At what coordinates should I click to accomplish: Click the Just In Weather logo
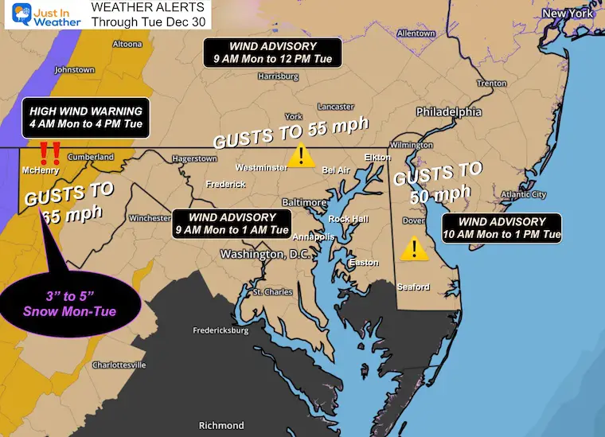click(x=41, y=16)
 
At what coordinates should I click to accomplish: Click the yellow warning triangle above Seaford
click(x=412, y=248)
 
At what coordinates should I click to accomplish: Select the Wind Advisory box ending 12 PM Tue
click(x=272, y=52)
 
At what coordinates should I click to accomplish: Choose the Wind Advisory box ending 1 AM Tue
click(x=232, y=224)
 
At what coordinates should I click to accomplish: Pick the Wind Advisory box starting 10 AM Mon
click(x=514, y=228)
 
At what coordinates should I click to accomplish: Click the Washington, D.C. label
click(x=263, y=255)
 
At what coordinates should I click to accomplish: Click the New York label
click(x=568, y=14)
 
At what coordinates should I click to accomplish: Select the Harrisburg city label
click(x=278, y=76)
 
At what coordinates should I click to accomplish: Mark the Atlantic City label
click(x=524, y=194)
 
